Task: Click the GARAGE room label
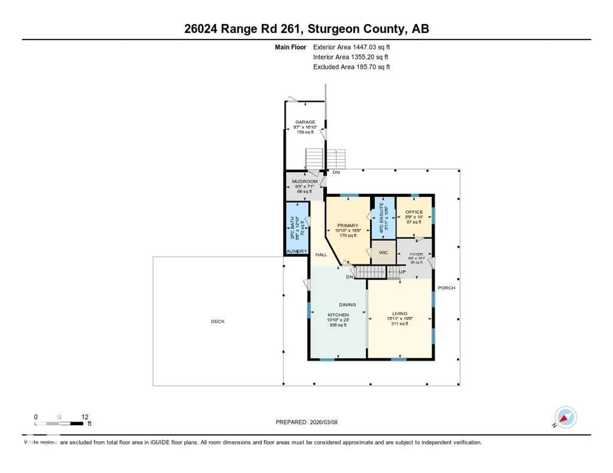[x=305, y=122]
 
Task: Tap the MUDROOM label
[x=305, y=181]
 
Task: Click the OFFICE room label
[x=414, y=212]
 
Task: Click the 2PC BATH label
[x=292, y=228]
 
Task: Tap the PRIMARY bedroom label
[x=348, y=225]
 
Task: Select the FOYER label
[x=416, y=254]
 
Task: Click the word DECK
[x=218, y=321]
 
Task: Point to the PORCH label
[x=446, y=288]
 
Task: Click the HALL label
[x=321, y=255]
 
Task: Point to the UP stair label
[x=402, y=272]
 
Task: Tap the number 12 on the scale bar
[x=85, y=417]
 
